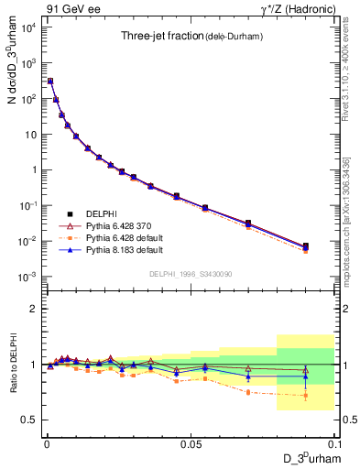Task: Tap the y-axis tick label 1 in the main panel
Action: click(x=33, y=169)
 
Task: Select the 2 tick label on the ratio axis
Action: click(x=33, y=309)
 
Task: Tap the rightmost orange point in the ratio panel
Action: click(x=306, y=396)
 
